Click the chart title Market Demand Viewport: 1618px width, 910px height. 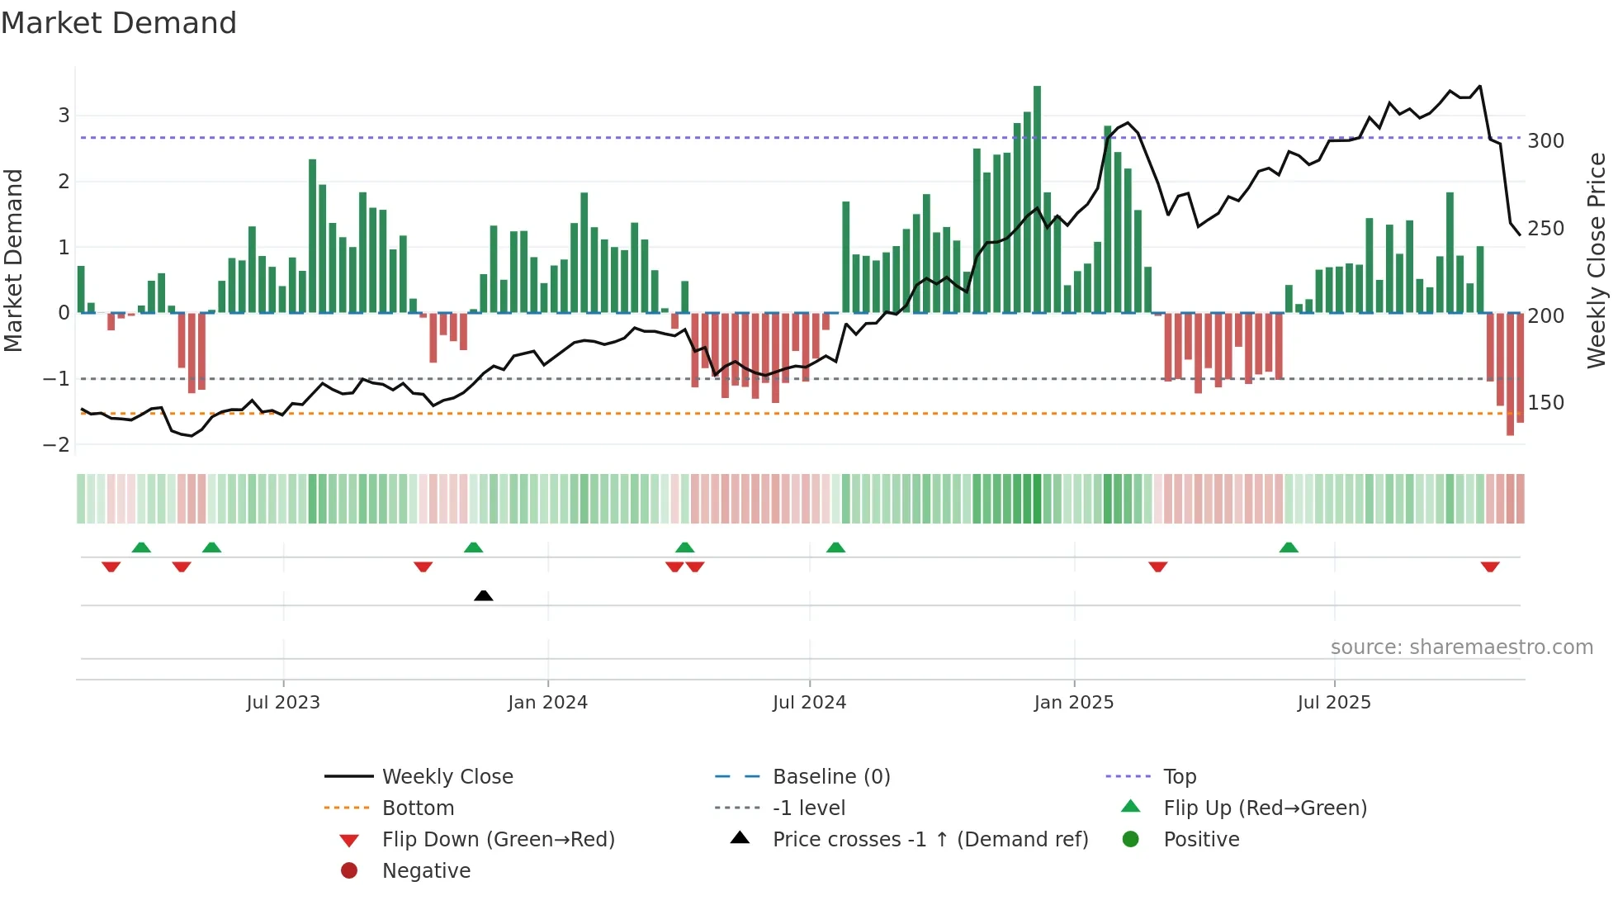click(119, 23)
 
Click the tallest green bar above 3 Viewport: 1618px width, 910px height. click(1037, 198)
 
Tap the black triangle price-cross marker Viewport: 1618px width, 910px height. click(484, 595)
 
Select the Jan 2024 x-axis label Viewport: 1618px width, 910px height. click(547, 703)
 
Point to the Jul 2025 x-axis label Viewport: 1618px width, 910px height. click(1333, 703)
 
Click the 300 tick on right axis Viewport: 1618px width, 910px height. click(1545, 141)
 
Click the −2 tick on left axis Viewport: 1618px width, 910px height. click(56, 444)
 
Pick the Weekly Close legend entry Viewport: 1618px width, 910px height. click(447, 777)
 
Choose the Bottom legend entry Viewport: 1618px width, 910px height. click(418, 808)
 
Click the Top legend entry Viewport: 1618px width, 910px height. click(1179, 777)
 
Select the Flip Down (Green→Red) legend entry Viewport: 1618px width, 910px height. click(498, 840)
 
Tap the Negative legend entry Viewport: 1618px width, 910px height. click(426, 871)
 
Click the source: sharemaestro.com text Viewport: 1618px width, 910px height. click(1461, 647)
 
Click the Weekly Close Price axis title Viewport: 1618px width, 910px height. click(1597, 260)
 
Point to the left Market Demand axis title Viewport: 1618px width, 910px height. click(13, 260)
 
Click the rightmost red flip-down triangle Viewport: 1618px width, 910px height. click(1489, 567)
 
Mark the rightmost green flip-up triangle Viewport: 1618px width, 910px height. click(1289, 547)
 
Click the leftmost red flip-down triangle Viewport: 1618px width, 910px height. click(111, 567)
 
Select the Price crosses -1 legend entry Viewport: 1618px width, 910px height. click(930, 840)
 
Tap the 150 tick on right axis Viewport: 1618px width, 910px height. click(1545, 403)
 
